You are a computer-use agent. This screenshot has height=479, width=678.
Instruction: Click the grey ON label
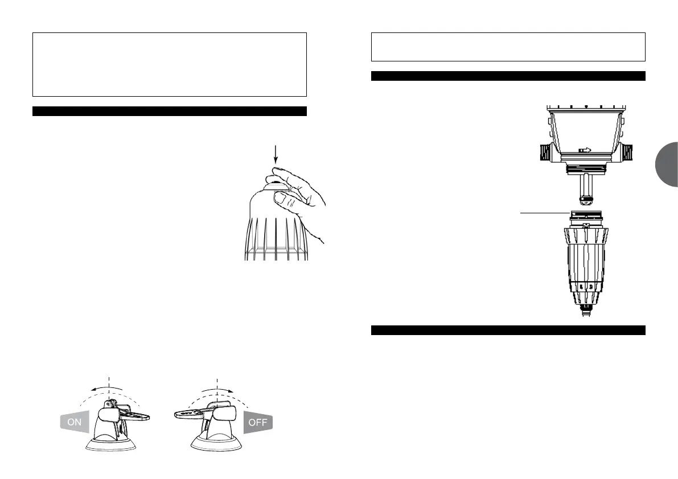(75, 423)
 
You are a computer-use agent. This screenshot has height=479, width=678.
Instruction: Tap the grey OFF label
(258, 423)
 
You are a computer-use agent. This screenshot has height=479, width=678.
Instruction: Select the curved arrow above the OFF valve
(219, 389)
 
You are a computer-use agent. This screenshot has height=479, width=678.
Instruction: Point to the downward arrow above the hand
(276, 154)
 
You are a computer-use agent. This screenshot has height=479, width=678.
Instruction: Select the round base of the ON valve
(110, 444)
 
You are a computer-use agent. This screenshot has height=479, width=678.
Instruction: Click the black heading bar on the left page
(170, 111)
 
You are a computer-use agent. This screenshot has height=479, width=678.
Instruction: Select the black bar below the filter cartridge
(508, 331)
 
